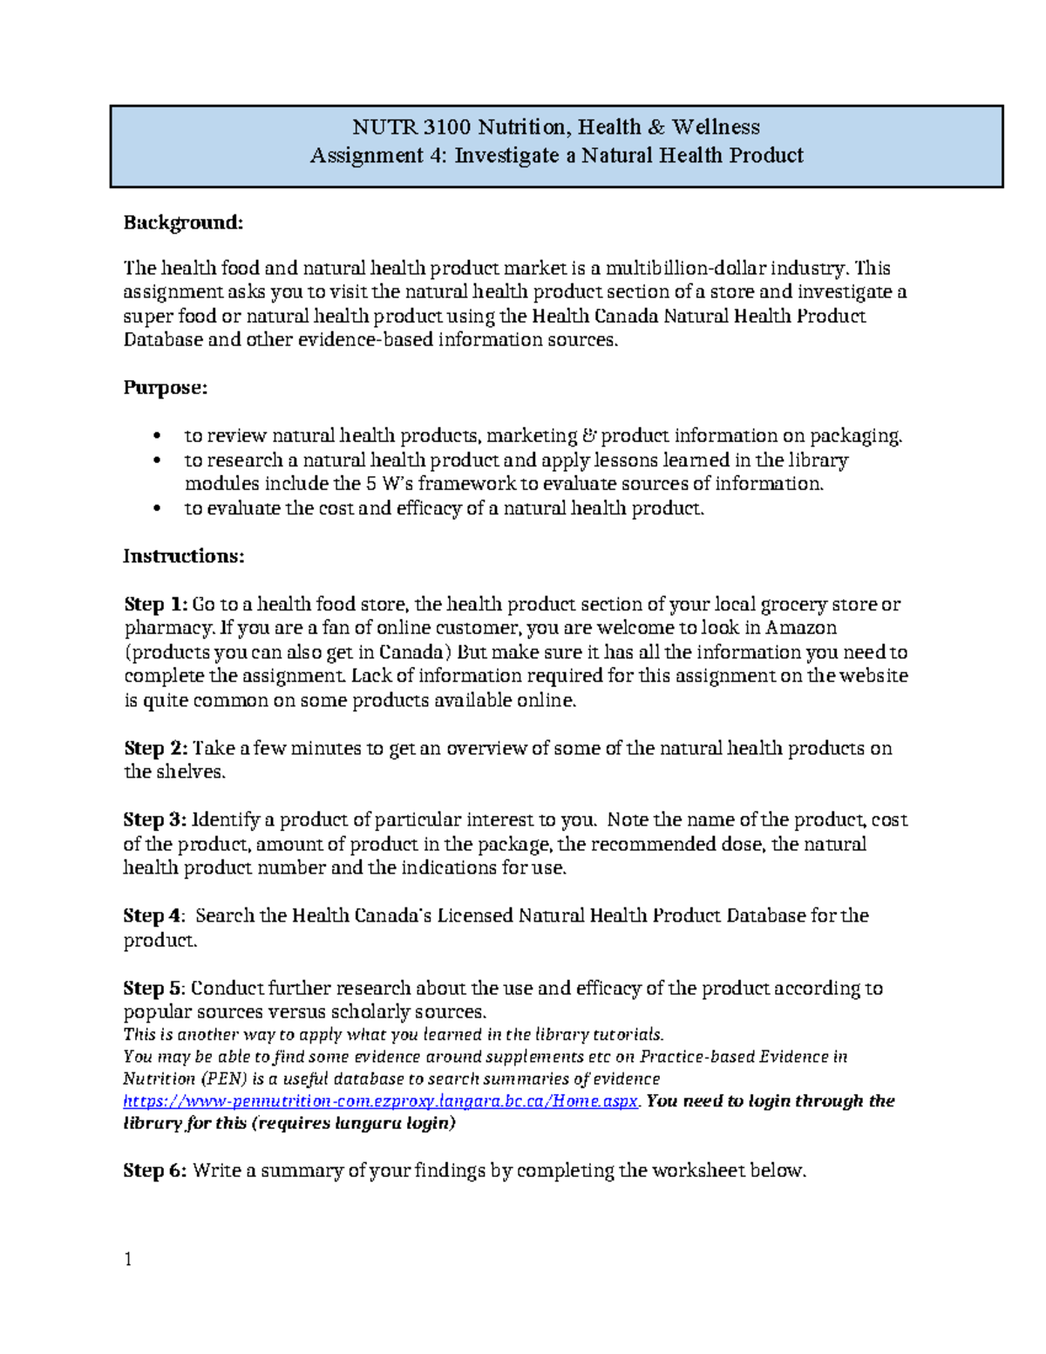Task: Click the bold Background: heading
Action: coord(183,223)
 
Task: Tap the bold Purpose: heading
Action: coord(166,388)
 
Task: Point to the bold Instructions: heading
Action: coord(184,556)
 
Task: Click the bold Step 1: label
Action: coord(155,604)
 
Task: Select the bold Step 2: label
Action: coord(155,748)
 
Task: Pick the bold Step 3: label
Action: coord(155,820)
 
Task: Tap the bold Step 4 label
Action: coord(153,915)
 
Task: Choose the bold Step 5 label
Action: coord(153,988)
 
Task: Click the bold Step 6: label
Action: coord(155,1171)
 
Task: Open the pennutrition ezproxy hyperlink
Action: coord(381,1101)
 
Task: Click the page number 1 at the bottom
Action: coord(128,1259)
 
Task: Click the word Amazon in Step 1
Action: coord(801,628)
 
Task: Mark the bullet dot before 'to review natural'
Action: coord(157,436)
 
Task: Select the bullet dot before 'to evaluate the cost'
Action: coord(157,509)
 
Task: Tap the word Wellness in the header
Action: coord(716,127)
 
